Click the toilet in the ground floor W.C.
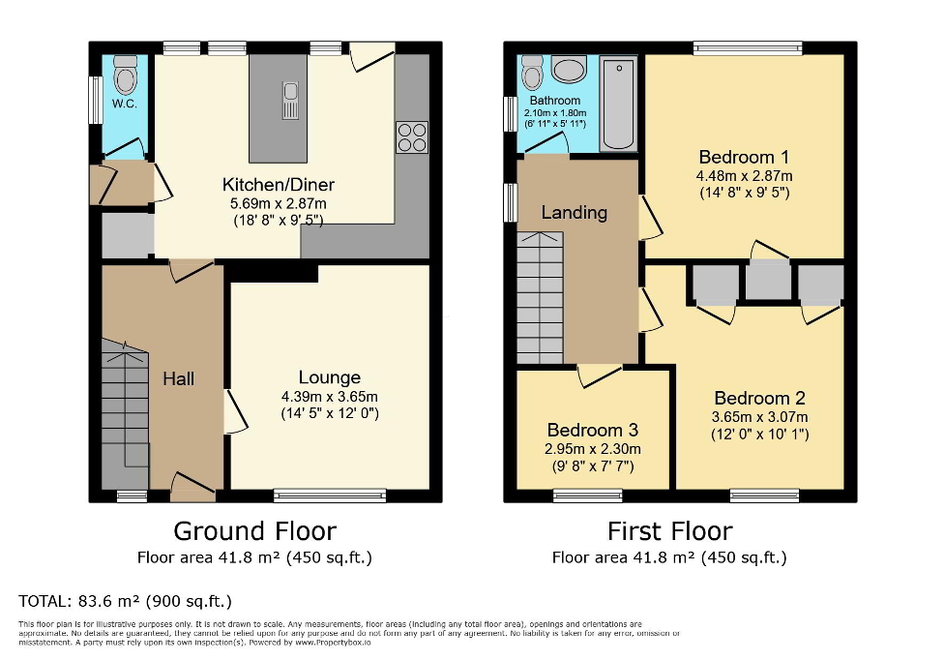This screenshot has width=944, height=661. pos(126,74)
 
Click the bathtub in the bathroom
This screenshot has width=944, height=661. pos(617,105)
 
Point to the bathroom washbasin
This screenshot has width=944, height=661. pos(569,71)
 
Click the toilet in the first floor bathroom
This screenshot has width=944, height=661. pos(532,73)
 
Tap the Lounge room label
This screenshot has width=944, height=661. pos(329,377)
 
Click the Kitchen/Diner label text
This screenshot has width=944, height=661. pos(279,185)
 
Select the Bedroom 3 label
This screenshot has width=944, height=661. pos(593,430)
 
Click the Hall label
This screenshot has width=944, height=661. pos(178,377)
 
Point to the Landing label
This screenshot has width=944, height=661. pos(574,212)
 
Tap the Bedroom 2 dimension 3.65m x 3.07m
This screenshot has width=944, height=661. pos(759,417)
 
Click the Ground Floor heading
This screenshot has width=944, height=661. pos(254,530)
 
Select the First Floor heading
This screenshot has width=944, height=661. pos(669,530)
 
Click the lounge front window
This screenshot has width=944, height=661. pos(330,496)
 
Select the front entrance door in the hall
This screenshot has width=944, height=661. pos(192,489)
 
